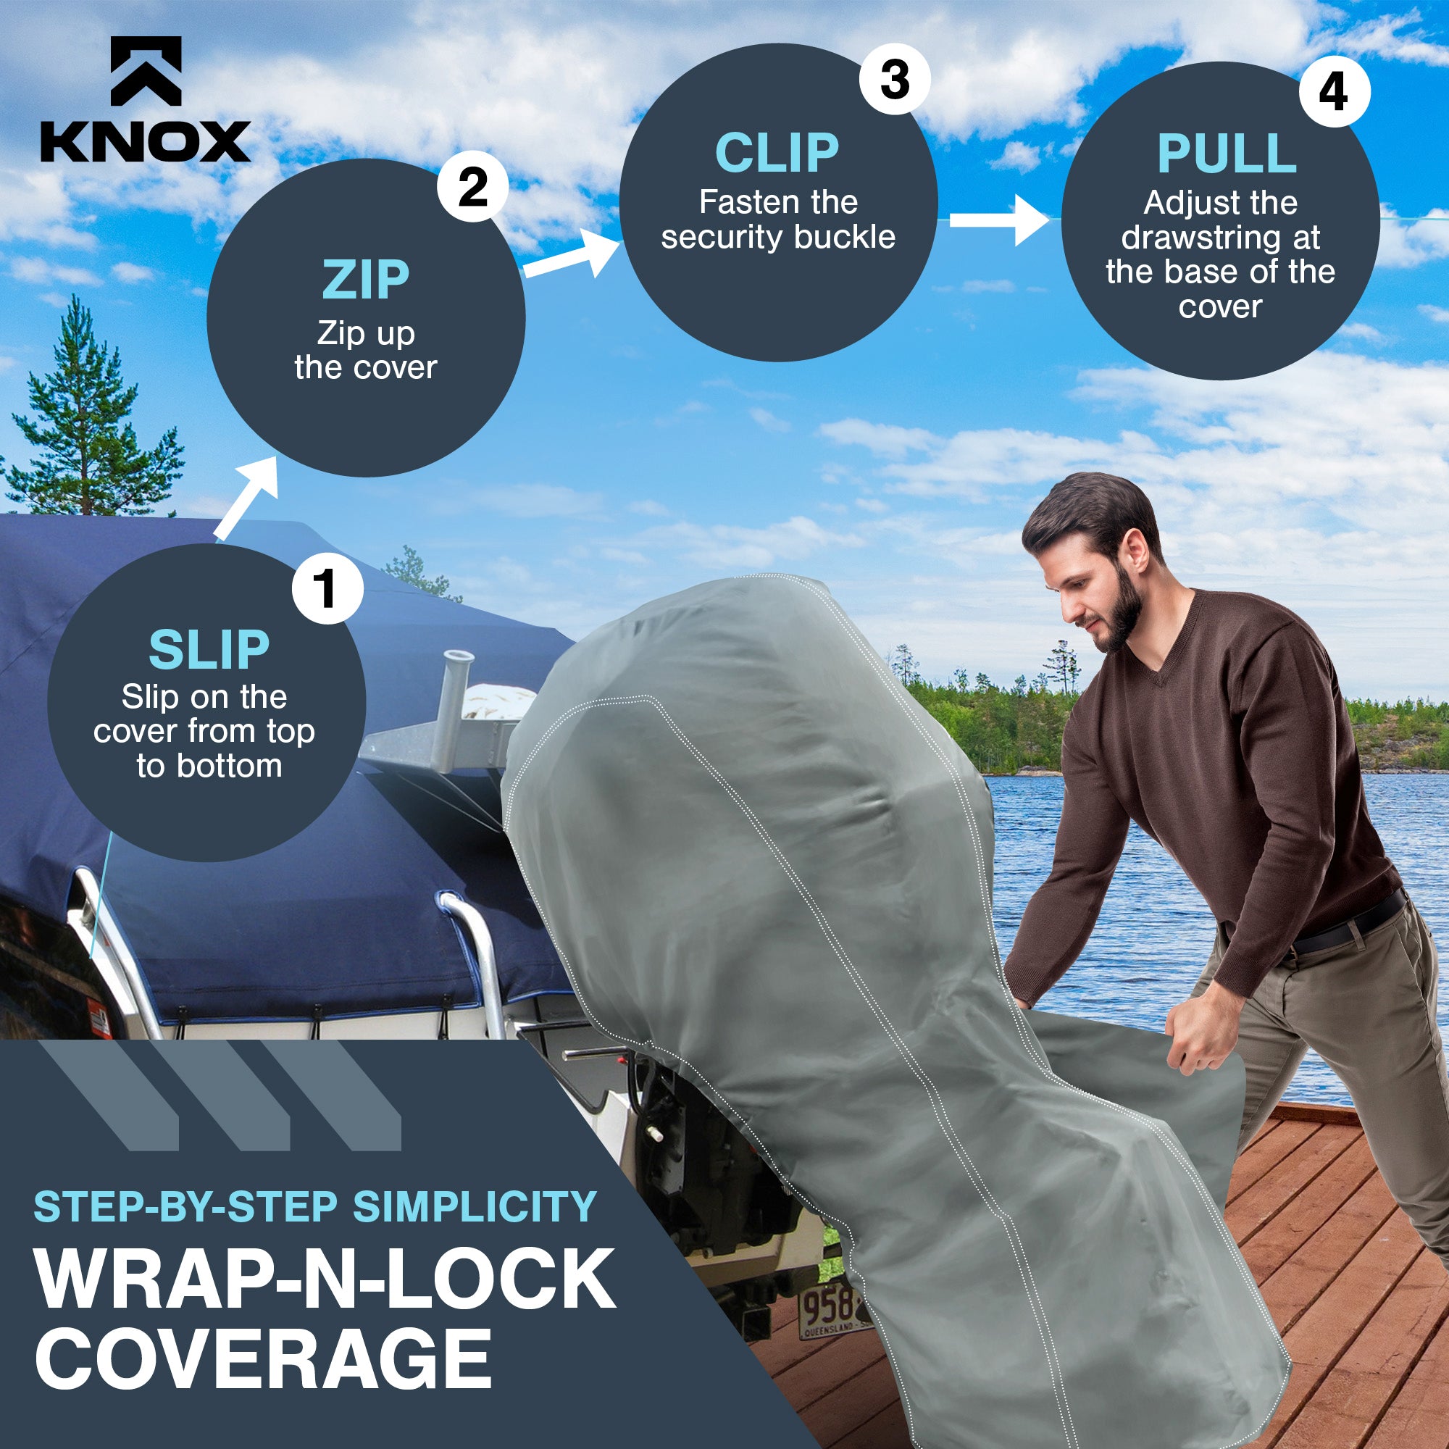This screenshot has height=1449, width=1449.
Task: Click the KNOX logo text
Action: coord(145,141)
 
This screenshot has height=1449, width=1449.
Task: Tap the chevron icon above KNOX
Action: coord(146,71)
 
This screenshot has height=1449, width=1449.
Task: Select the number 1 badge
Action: coord(327,589)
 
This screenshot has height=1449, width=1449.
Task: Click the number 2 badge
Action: coord(472,187)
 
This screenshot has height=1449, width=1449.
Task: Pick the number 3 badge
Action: coord(894,80)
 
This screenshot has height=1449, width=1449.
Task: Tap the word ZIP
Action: coord(365,280)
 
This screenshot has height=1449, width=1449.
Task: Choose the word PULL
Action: coord(1227,154)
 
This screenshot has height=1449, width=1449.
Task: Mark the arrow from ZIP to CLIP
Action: coord(572,256)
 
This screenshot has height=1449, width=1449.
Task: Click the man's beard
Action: coord(1122,622)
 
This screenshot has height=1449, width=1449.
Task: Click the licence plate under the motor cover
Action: coord(829,1310)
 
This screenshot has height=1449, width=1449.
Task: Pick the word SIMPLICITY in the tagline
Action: coord(474,1207)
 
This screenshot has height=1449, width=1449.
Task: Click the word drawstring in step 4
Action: coord(1220,238)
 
